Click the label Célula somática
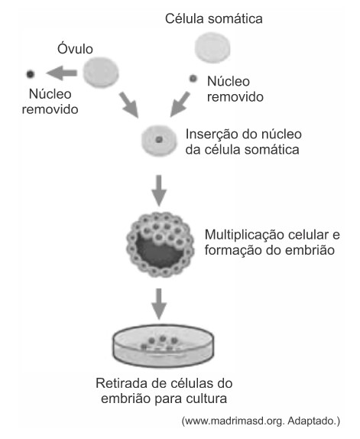point(214,19)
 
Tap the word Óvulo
point(75,48)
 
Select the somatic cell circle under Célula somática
point(212,47)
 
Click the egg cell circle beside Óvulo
point(101,73)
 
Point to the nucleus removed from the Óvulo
point(31,74)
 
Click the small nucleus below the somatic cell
point(193,78)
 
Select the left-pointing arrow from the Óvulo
point(62,73)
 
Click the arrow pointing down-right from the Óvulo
point(129,105)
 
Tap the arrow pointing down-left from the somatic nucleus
point(180,104)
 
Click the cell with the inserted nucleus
point(159,140)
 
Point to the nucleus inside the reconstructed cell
point(159,139)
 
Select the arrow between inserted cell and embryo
point(159,191)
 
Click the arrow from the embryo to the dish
point(159,304)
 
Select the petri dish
point(164,346)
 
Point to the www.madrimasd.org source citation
point(261,421)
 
